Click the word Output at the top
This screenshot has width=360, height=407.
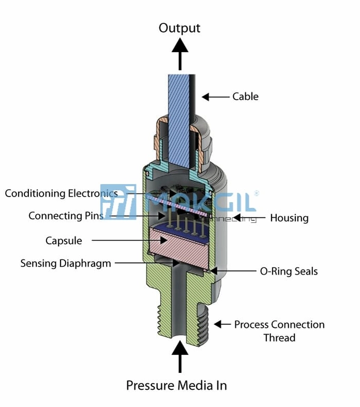tap(179, 28)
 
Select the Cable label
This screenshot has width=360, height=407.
tap(245, 96)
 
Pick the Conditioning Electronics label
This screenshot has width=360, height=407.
tap(61, 193)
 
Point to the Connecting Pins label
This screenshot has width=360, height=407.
tap(66, 216)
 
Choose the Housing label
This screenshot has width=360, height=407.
tap(289, 218)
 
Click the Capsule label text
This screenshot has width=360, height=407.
tap(64, 240)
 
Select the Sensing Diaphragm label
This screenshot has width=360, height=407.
tap(66, 263)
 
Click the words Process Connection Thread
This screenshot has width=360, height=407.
tap(279, 331)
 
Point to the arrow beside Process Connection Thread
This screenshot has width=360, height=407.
tap(222, 324)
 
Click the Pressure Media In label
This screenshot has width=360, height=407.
tap(176, 385)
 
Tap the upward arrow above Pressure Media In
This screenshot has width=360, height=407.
tap(180, 357)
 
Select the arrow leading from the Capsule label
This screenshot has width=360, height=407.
tap(129, 240)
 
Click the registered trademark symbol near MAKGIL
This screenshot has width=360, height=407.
tap(256, 193)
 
